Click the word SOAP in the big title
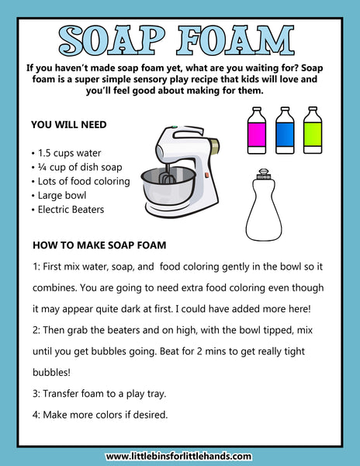click(112, 40)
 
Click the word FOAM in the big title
click(236, 40)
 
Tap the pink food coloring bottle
click(257, 130)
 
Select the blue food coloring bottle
click(285, 130)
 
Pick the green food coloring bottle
click(313, 130)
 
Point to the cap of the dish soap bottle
click(264, 174)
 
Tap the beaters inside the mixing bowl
click(166, 176)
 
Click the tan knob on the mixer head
click(214, 146)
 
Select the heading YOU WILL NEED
click(69, 124)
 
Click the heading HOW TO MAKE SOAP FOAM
click(99, 245)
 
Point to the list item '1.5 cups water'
click(70, 153)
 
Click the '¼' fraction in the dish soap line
click(42, 167)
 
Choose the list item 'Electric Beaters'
click(71, 210)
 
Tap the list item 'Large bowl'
click(62, 196)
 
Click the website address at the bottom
click(178, 456)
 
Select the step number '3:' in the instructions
click(36, 394)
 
